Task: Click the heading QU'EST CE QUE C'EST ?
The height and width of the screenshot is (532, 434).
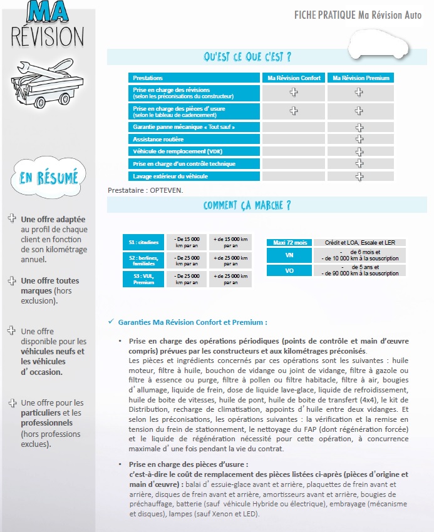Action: pyautogui.click(x=247, y=57)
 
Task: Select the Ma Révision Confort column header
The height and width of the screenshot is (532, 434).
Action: pyautogui.click(x=293, y=78)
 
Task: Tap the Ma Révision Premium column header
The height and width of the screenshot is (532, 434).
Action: pyautogui.click(x=360, y=78)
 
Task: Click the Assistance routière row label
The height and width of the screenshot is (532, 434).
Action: pyautogui.click(x=194, y=139)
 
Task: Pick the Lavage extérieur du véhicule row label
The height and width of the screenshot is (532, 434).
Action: pyautogui.click(x=194, y=176)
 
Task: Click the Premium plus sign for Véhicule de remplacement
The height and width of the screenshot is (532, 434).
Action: pyautogui.click(x=359, y=151)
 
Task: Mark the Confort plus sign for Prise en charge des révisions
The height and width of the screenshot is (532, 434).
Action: pyautogui.click(x=293, y=93)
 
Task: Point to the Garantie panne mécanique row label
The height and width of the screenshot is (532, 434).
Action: pyautogui.click(x=194, y=127)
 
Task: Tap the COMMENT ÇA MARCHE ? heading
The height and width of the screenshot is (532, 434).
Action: pyautogui.click(x=247, y=205)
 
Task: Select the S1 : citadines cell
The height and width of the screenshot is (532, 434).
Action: pyautogui.click(x=143, y=242)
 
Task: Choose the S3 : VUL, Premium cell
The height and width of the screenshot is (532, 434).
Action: pyautogui.click(x=143, y=279)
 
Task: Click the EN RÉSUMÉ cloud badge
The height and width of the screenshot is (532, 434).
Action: pyautogui.click(x=48, y=178)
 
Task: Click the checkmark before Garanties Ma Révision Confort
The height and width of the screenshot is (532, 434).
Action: pyautogui.click(x=110, y=322)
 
